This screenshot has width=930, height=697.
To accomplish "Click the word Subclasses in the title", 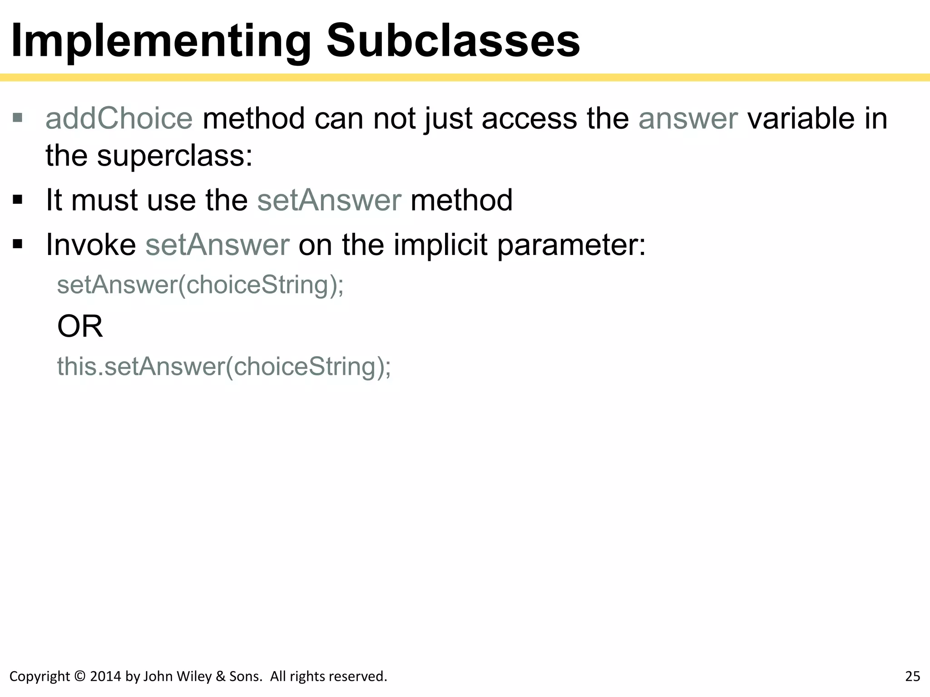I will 453,41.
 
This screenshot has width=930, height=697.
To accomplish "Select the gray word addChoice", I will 119,119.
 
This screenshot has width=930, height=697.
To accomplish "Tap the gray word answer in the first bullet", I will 688,119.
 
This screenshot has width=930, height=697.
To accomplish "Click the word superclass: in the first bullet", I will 174,156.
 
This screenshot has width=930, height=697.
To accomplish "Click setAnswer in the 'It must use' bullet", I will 329,200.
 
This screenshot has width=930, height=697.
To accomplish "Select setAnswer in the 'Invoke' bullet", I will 217,245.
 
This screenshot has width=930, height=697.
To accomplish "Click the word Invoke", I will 91,245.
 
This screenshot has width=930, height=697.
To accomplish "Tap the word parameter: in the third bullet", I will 571,245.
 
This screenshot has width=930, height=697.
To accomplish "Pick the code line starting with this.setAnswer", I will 224,367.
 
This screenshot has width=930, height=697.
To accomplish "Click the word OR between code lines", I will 80,326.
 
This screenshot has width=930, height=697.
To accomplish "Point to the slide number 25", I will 912,677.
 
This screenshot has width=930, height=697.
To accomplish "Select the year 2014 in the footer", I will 105,677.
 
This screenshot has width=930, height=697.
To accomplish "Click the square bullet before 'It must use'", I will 18,200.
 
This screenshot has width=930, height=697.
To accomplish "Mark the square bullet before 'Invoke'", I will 18,245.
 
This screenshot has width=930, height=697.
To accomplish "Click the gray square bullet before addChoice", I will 18,118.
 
